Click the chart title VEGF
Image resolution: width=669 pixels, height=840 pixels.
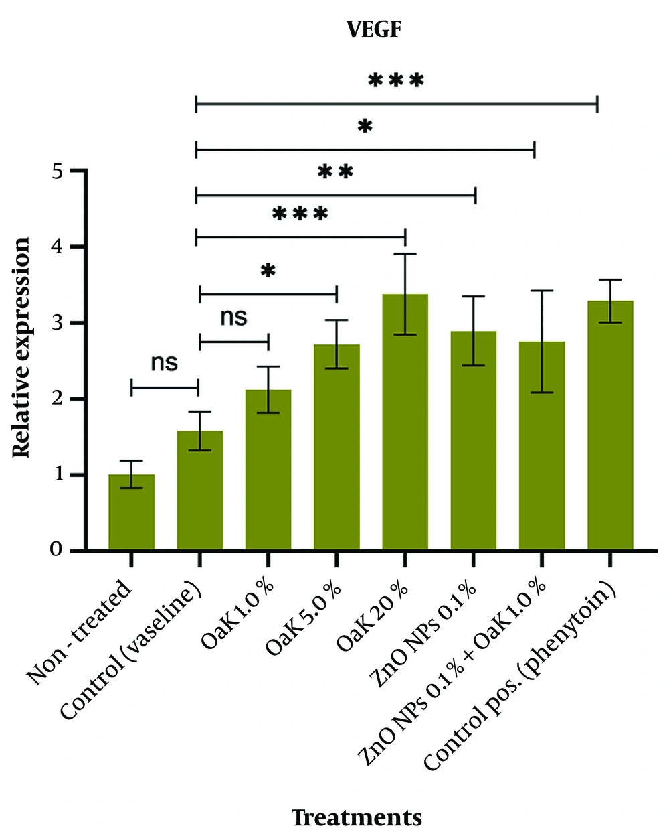[373, 29]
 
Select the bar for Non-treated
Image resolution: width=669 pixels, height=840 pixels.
[131, 512]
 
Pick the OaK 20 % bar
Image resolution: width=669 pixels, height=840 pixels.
[405, 423]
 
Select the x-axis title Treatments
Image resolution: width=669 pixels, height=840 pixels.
[357, 818]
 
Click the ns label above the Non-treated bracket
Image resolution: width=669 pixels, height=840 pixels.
[164, 363]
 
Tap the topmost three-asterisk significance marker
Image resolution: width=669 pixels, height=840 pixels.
[396, 82]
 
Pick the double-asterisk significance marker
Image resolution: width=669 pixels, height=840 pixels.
[335, 172]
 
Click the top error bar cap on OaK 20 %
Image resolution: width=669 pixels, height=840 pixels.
[405, 254]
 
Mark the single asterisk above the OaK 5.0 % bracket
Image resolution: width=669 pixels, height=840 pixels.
[268, 271]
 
